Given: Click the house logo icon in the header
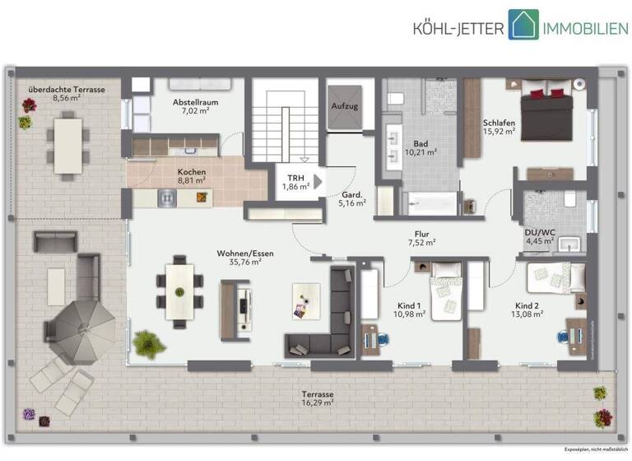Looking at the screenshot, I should point(523,25).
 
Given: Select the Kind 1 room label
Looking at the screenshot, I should point(409,304).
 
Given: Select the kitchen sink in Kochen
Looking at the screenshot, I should point(167,198).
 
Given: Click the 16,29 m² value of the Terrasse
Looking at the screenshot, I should point(317,403).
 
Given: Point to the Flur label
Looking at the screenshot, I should point(425,232).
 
